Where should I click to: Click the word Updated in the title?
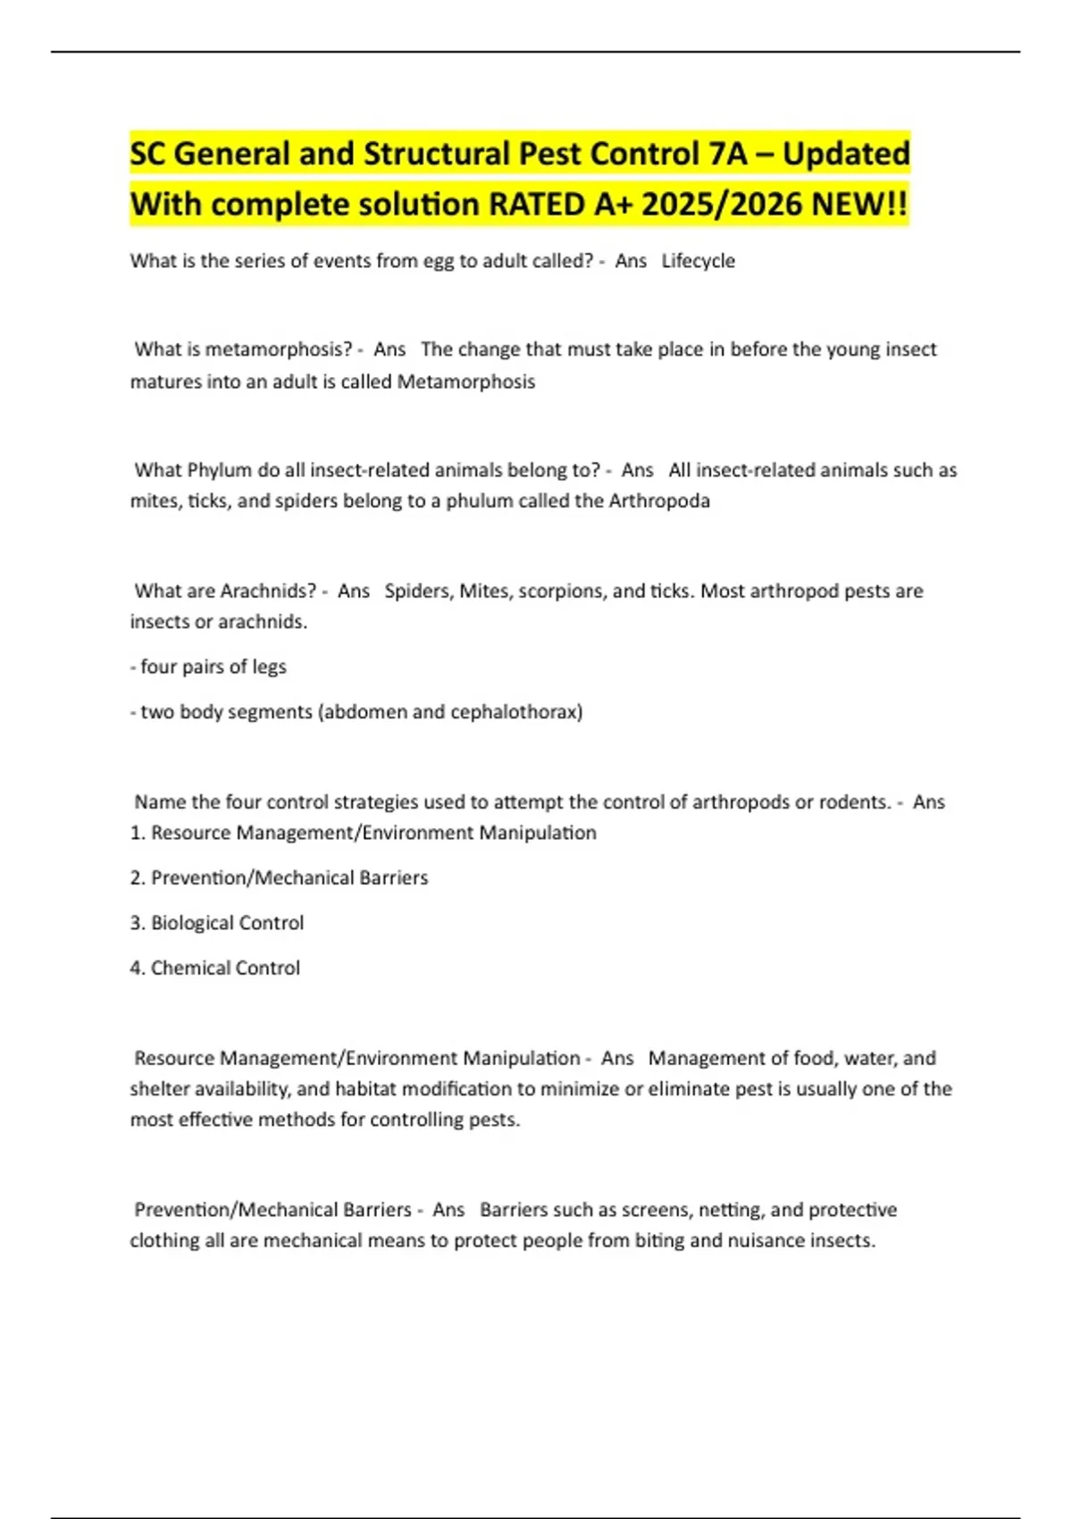coord(846,154)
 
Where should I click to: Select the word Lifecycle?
coord(698,261)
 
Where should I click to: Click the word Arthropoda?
coord(658,500)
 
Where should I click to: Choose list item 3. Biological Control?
coord(217,923)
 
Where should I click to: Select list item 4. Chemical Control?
coord(215,968)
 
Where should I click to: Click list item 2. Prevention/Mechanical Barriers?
coord(280,877)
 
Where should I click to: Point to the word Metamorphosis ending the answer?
coord(465,382)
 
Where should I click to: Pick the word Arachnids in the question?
coord(268,591)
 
